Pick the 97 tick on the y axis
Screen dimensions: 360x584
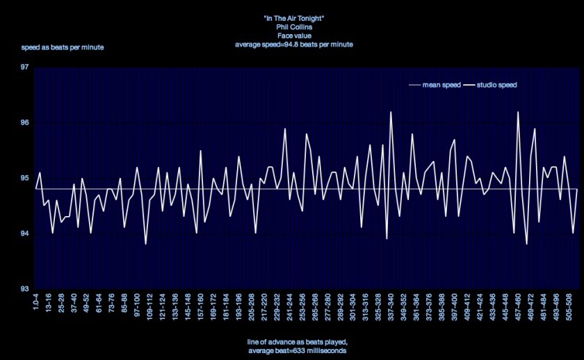point(24,67)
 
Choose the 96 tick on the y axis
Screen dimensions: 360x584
point(24,123)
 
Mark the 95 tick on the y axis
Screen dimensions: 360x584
point(24,178)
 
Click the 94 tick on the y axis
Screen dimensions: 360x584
point(24,234)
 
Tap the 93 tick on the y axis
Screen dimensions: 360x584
point(24,288)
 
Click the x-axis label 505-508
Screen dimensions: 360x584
point(569,306)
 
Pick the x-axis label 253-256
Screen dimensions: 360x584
point(302,306)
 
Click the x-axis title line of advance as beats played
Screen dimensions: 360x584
point(297,343)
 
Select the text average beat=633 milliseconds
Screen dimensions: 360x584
point(297,352)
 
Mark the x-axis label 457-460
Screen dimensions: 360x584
point(519,306)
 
